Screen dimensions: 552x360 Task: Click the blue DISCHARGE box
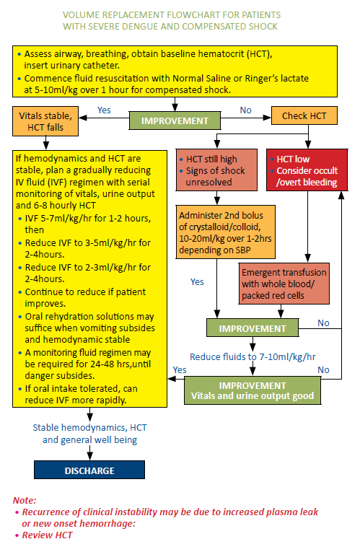(89, 470)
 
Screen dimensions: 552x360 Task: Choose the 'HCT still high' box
(215, 170)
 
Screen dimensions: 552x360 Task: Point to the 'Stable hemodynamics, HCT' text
(89, 427)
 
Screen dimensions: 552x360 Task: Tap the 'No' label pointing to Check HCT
(246, 110)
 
